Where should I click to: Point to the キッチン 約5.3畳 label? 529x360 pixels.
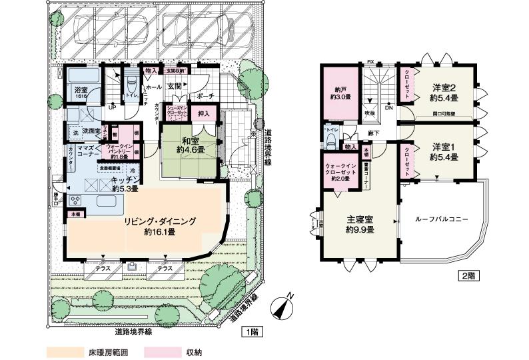[124, 185]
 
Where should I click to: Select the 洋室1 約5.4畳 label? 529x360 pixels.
[443, 151]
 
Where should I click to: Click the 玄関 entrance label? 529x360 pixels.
[174, 86]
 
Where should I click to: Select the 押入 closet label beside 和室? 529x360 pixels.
[205, 115]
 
